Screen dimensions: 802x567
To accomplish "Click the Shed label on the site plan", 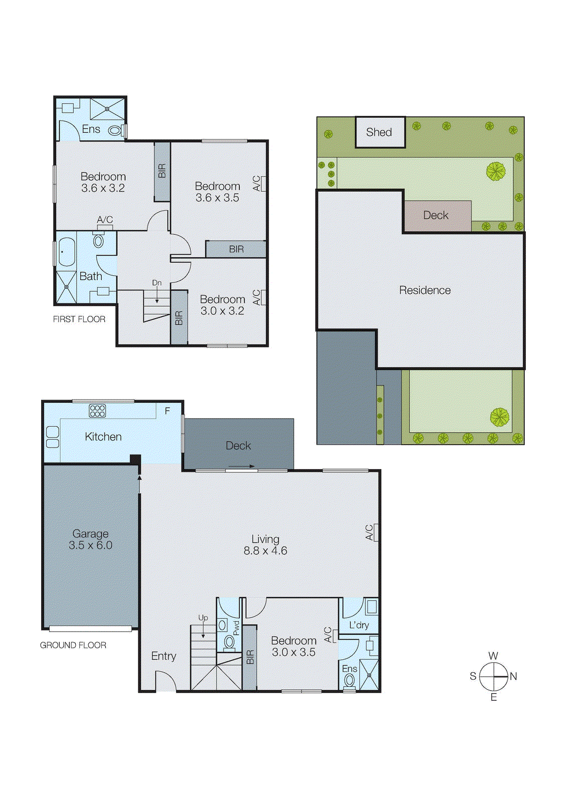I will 379,132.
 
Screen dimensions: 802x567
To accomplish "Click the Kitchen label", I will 103,437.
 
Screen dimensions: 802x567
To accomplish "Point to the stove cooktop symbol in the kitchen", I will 97,411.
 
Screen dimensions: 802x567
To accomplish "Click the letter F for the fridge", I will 167,411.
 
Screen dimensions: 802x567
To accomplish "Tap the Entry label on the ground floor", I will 163,656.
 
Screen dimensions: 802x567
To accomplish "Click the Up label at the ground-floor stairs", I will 203,618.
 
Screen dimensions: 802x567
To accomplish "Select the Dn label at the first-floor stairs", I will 157,283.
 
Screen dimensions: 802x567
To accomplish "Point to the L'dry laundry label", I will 359,625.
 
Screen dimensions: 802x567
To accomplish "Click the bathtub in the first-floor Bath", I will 66,252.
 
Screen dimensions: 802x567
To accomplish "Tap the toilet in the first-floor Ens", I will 115,131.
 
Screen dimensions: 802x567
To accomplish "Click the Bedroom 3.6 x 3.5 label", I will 217,192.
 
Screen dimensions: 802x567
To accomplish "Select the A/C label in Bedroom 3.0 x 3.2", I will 256,298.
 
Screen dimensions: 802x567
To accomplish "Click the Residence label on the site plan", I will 425,290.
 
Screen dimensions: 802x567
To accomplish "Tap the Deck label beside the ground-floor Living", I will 238,446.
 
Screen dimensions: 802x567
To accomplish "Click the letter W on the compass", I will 493,656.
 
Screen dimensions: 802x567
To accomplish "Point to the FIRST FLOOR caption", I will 79,319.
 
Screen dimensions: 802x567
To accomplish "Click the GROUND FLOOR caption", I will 73,645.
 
